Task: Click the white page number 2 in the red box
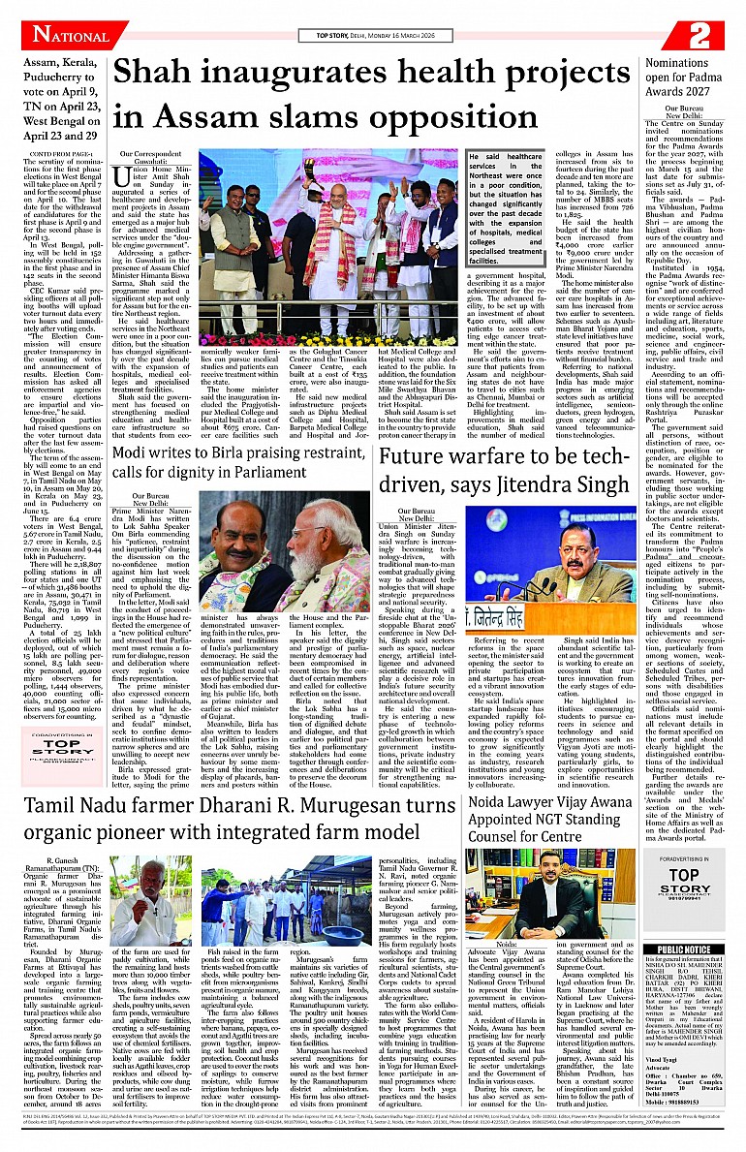tap(699, 35)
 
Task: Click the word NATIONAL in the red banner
tap(70, 35)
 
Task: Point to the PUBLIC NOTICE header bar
tap(683, 950)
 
